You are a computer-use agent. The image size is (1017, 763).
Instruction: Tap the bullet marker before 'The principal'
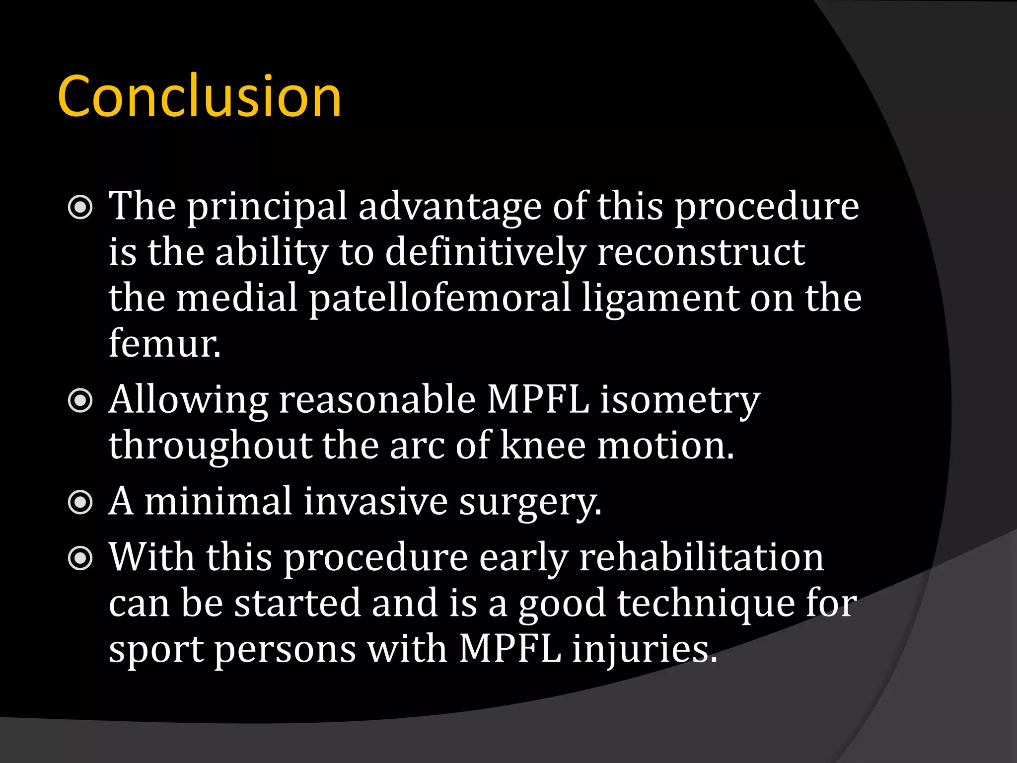click(x=80, y=208)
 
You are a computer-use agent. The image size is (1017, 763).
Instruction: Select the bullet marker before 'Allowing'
click(x=80, y=401)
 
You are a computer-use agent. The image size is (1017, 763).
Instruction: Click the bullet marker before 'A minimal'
click(x=80, y=503)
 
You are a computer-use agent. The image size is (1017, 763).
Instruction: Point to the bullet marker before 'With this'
click(x=80, y=558)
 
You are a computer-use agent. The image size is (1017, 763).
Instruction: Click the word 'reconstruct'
click(x=701, y=252)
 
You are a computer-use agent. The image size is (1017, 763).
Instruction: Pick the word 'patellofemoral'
click(x=439, y=298)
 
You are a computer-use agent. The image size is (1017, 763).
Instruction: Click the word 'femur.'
click(x=164, y=344)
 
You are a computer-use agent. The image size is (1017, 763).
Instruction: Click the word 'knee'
click(x=543, y=445)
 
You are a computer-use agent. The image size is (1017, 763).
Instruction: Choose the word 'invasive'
click(x=375, y=502)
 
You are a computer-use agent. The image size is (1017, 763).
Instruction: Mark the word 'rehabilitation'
click(x=701, y=557)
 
